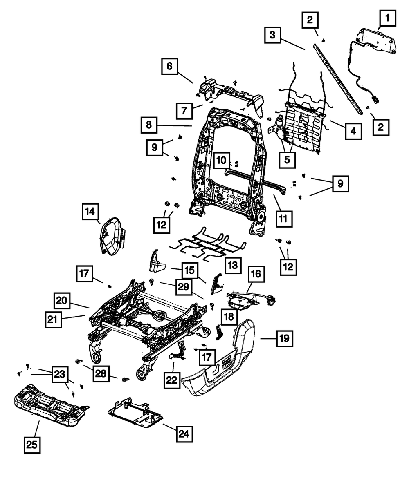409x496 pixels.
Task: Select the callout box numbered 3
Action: pos(272,35)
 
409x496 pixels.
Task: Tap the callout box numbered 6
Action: pos(170,67)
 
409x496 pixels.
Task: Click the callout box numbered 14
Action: pos(90,211)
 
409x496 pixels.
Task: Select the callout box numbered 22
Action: pos(171,380)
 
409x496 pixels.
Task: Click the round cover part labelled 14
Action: pos(111,237)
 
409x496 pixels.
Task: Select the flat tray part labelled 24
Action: pos(135,413)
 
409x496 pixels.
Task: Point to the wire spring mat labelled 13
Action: pos(209,243)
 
